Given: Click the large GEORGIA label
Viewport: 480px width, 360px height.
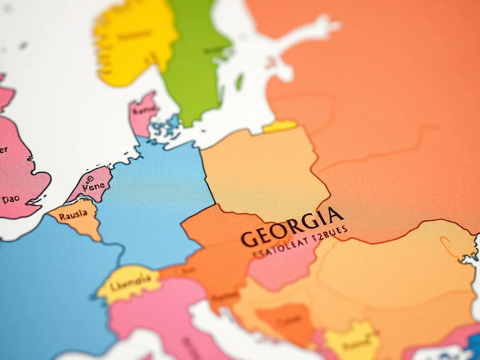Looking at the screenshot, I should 292,227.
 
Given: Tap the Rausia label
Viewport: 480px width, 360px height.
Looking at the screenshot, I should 74,215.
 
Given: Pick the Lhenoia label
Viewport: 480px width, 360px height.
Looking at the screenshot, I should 130,281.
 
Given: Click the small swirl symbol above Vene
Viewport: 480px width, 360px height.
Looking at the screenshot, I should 90,179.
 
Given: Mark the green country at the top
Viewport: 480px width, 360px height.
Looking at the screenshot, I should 195,61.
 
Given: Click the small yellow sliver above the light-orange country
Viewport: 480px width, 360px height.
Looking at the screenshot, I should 280,126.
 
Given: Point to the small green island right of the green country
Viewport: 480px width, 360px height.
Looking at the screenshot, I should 240,82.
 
